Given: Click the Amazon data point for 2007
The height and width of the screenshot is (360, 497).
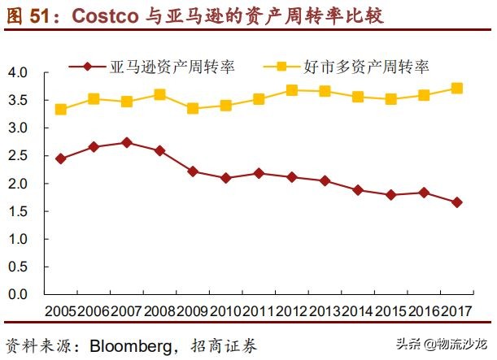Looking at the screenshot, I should click(x=126, y=142).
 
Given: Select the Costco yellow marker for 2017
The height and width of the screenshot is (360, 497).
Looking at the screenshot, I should click(x=456, y=89).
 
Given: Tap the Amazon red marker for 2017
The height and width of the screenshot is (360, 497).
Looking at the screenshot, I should click(x=456, y=202).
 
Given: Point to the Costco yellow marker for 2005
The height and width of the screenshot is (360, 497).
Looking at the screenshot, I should click(x=61, y=109).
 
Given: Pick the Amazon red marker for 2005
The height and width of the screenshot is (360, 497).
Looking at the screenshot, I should click(x=61, y=158).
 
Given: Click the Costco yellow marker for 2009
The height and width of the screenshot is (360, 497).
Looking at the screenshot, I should click(x=192, y=108).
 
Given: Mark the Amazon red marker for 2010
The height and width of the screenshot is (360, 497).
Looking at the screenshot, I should click(x=225, y=177).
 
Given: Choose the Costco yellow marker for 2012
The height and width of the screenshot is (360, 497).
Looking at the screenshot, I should click(x=291, y=90).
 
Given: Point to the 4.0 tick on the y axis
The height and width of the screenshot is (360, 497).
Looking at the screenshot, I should click(x=18, y=73).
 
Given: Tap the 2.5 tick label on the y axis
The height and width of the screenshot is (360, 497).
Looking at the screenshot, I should click(x=18, y=156).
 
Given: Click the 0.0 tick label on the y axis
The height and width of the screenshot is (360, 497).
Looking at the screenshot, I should click(x=18, y=294).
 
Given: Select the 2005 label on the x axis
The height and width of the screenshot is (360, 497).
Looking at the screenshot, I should click(x=61, y=312).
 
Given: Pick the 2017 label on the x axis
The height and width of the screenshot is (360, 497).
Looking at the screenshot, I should click(x=456, y=312).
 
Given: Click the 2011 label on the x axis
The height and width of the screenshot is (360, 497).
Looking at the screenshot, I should click(x=259, y=312).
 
